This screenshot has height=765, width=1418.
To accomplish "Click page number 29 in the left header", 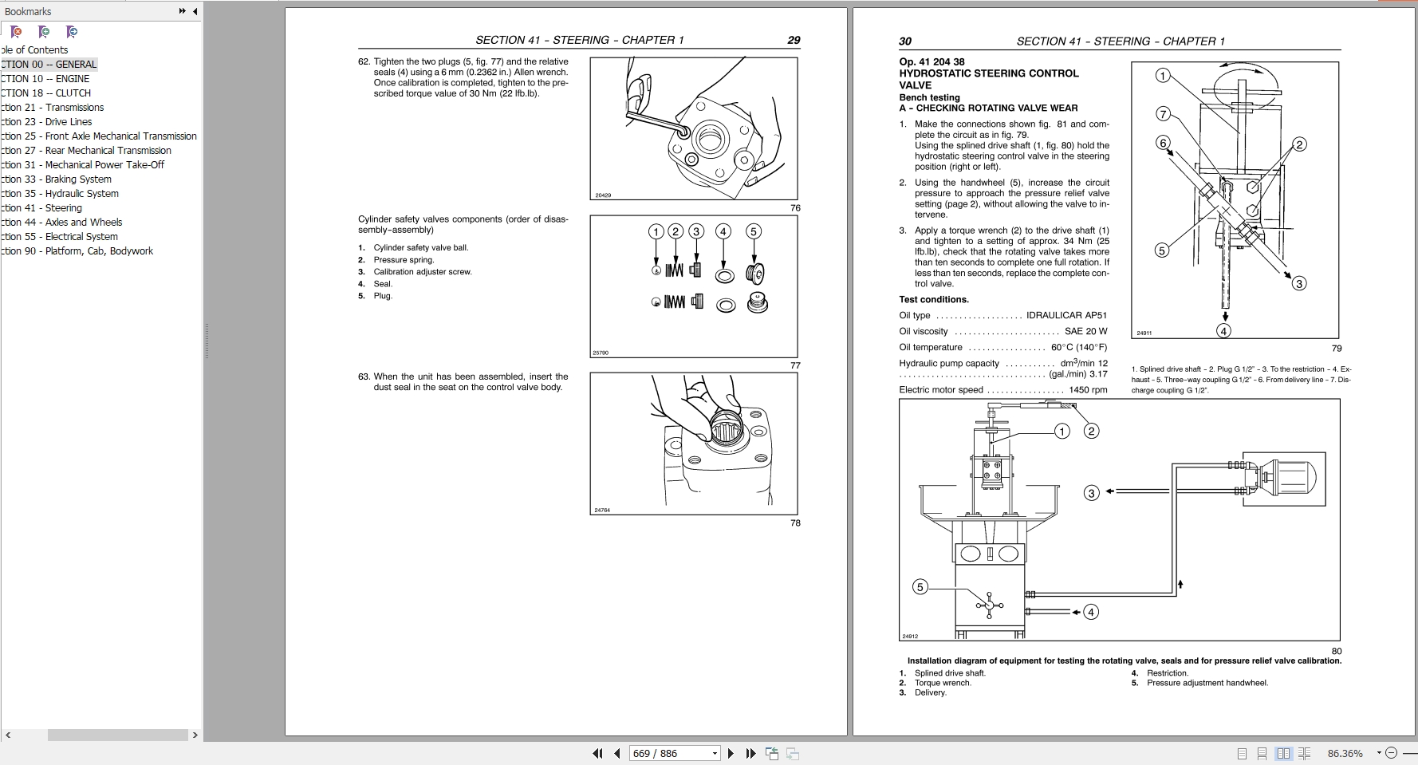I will click(794, 40).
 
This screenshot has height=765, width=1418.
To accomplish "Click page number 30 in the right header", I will click(905, 41).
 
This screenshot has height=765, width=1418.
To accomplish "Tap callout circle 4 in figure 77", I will click(723, 232).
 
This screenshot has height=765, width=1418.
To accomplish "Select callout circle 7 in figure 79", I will click(1163, 114).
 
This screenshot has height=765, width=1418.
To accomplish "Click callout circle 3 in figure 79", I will click(1298, 283).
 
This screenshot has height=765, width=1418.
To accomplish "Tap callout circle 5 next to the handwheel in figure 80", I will click(920, 587).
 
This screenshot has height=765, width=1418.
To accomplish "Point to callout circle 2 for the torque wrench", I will click(1091, 432).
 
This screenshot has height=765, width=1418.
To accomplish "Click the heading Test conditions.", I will click(933, 300).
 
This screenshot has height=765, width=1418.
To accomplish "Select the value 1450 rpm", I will click(1088, 390).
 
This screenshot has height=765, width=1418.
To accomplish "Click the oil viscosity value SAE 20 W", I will click(1085, 332).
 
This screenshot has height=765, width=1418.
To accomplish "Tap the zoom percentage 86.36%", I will click(1345, 753).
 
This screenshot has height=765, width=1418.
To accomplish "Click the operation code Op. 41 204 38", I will click(932, 61).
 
